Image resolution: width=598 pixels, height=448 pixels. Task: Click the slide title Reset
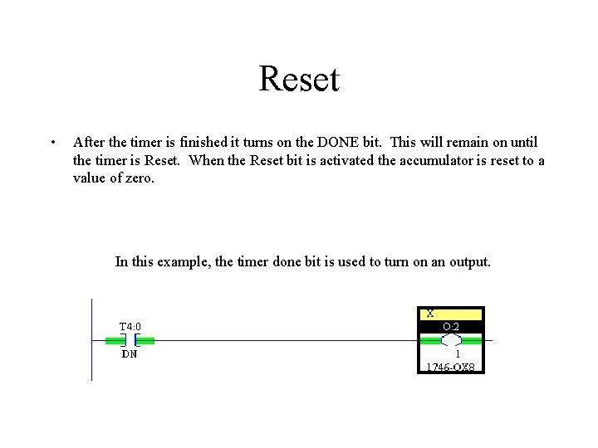[299, 80]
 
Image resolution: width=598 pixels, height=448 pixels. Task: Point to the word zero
[138, 178]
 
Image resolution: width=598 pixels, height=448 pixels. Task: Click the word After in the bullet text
[89, 143]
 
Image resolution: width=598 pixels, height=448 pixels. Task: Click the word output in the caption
[468, 262]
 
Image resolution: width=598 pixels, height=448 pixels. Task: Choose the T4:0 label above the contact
[130, 326]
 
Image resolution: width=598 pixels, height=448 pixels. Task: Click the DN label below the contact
[130, 354]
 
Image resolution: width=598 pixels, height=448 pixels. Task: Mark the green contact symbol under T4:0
[130, 340]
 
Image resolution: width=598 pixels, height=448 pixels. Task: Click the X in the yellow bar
[430, 314]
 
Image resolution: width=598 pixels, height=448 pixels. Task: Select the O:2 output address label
[450, 326]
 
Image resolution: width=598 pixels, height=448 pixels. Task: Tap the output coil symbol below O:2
[450, 340]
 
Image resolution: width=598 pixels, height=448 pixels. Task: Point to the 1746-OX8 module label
[450, 367]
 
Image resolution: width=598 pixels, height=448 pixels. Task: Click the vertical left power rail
[91, 340]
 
